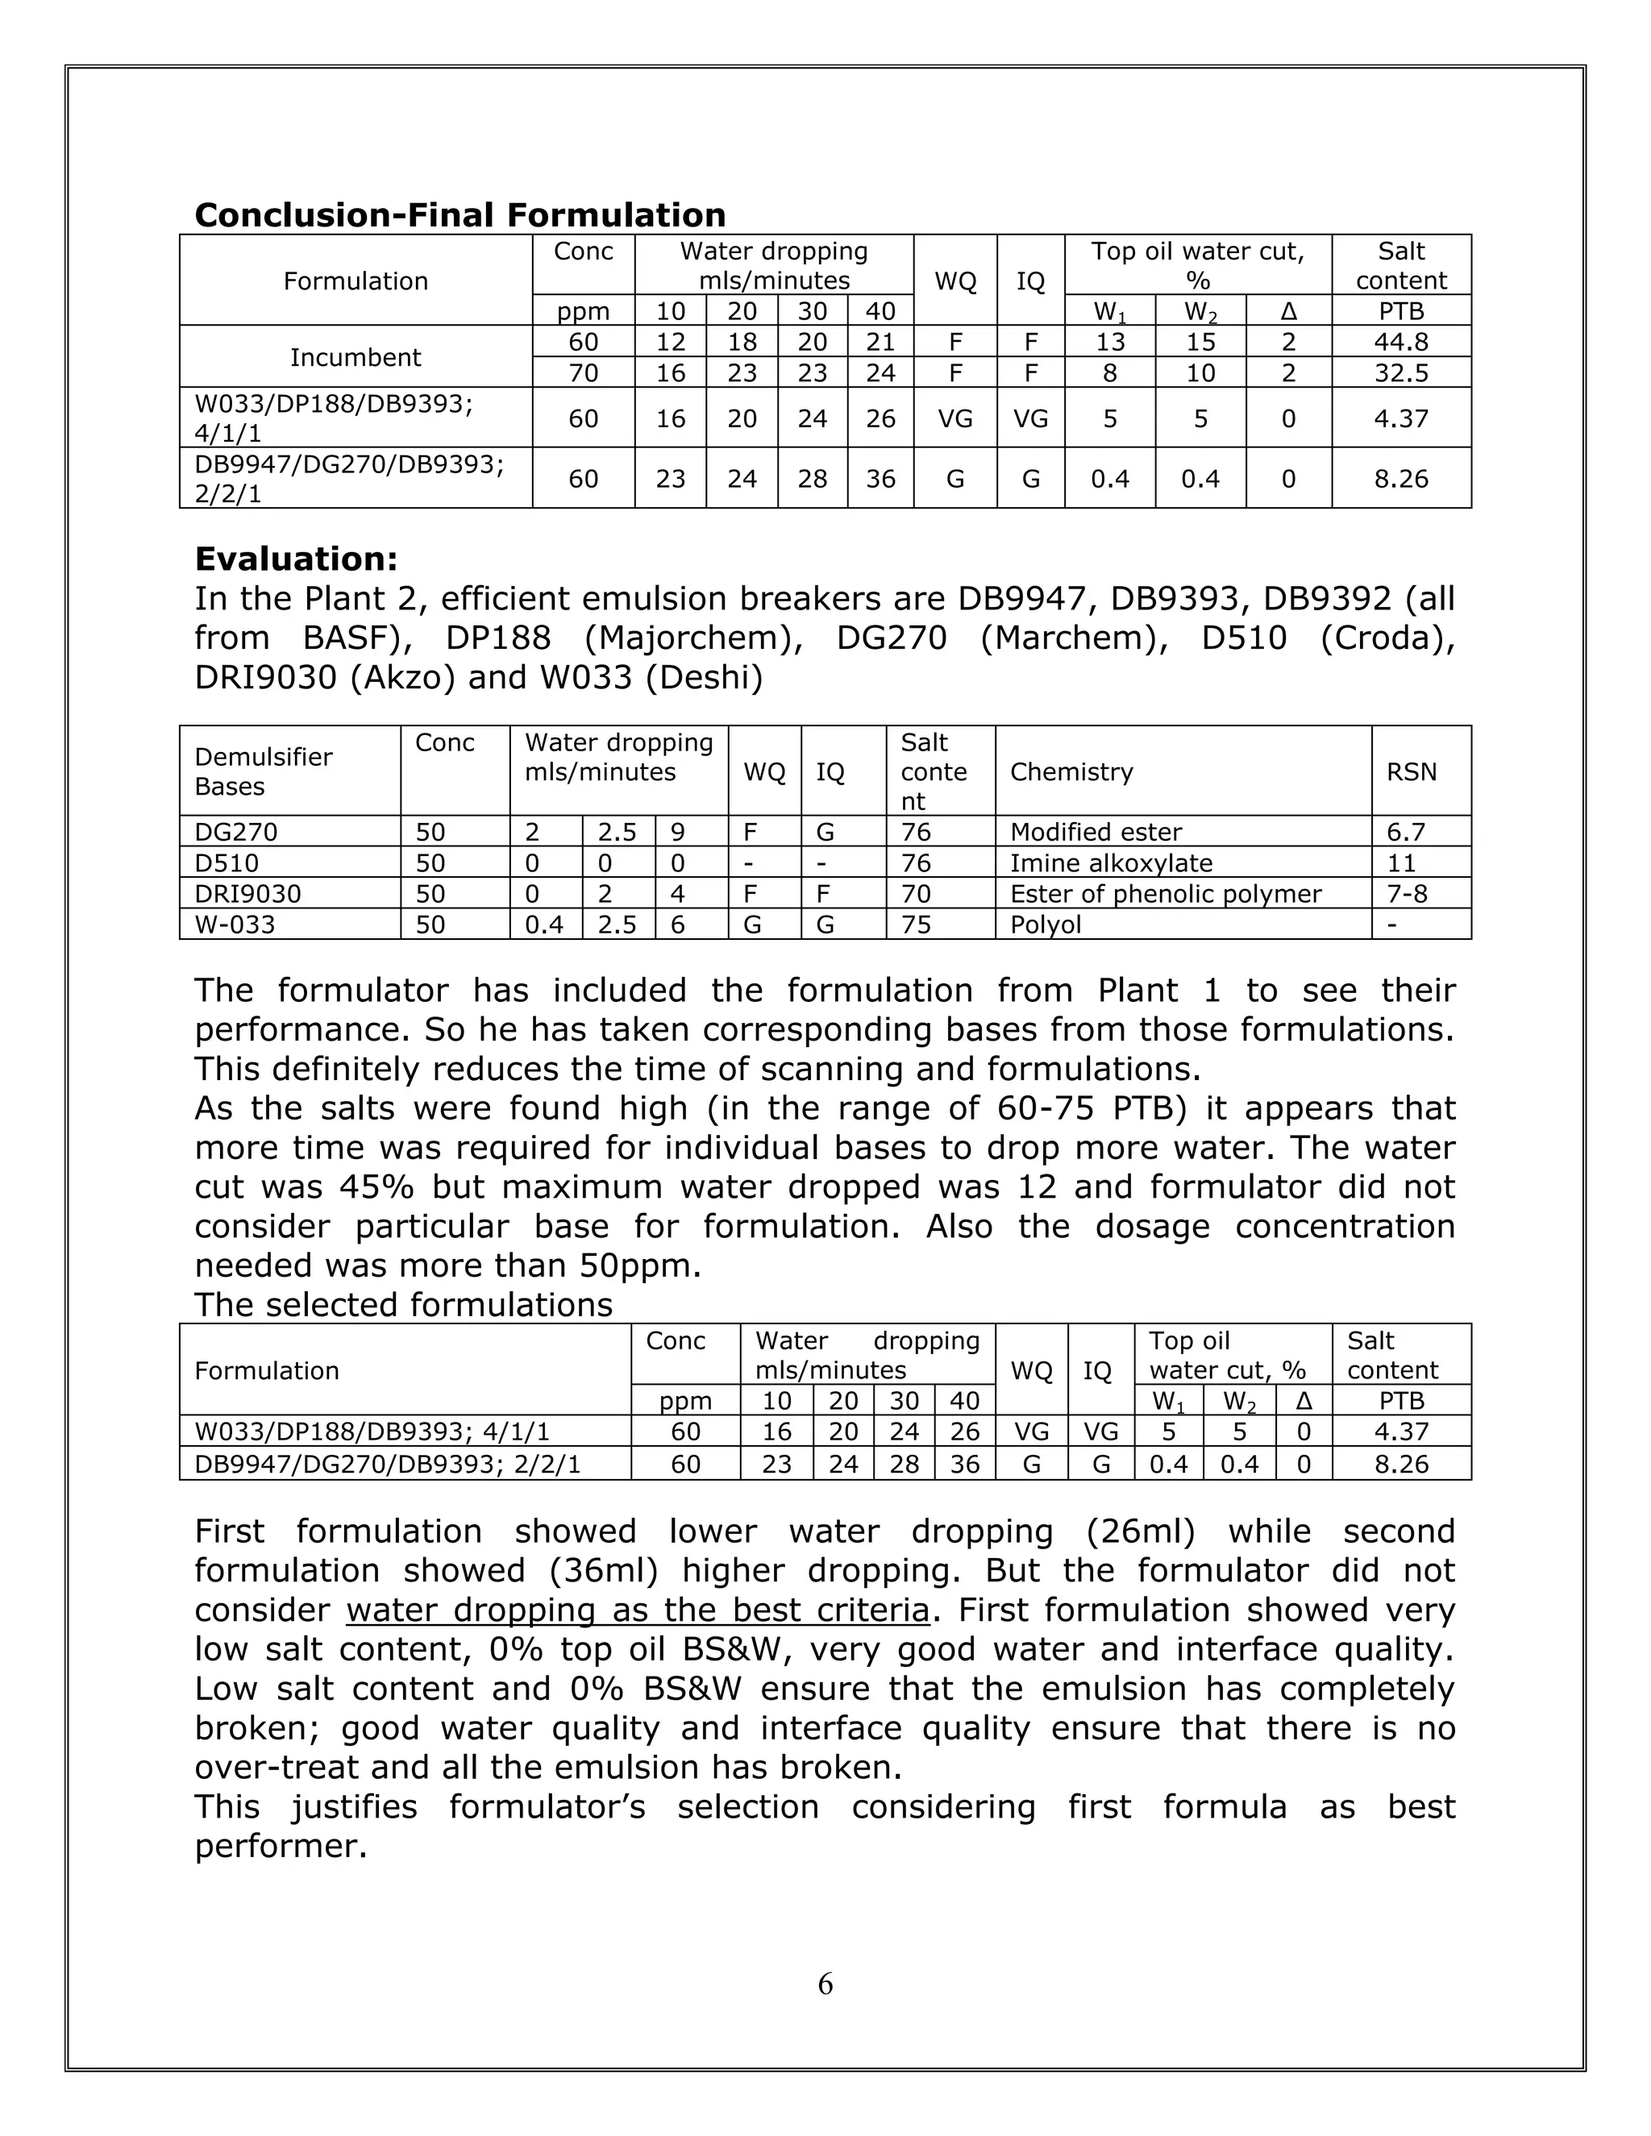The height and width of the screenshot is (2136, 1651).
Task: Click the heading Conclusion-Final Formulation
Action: click(x=460, y=215)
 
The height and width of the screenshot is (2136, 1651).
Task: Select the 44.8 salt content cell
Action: click(x=1399, y=341)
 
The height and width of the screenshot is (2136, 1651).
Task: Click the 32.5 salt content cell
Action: click(x=1399, y=372)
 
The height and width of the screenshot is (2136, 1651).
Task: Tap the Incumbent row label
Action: click(x=355, y=357)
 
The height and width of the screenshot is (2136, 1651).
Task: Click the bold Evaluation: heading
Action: click(x=297, y=559)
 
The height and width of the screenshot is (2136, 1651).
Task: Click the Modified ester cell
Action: click(x=1096, y=833)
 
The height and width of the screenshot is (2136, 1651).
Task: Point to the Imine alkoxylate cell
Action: click(x=1111, y=863)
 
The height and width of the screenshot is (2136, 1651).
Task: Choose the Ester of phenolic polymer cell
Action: click(x=1165, y=894)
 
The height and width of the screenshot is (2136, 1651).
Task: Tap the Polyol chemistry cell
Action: click(x=1046, y=925)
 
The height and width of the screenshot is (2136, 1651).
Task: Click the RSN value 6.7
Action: click(x=1405, y=833)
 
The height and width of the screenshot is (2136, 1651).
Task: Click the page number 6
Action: click(x=825, y=1984)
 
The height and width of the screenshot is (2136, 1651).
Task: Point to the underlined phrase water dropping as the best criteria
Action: click(x=637, y=1609)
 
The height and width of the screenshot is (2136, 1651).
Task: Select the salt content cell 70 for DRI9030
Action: click(x=916, y=894)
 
